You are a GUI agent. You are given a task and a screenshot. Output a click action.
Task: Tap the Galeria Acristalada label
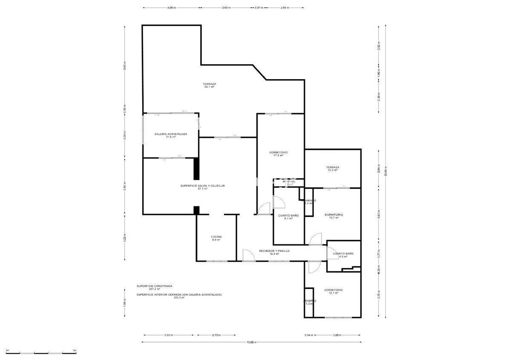[171, 135]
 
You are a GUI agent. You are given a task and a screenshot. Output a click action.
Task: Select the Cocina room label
[216, 238]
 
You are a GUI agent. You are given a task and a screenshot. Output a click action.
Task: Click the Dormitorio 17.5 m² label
[278, 154]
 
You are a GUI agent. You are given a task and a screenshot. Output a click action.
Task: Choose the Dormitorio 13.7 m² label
[333, 216]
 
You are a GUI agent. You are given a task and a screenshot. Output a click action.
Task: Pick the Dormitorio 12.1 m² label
[333, 291]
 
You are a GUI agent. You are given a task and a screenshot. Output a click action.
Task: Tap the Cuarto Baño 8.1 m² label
[288, 217]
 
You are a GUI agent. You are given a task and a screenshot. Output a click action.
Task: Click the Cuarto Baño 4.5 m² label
[340, 255]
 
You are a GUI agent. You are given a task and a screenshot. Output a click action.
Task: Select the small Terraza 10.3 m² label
[333, 169]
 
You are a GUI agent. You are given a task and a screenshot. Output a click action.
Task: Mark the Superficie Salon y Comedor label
[202, 187]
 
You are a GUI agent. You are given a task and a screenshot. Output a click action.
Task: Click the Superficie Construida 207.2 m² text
[155, 288]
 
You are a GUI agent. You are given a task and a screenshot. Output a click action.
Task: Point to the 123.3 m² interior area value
[179, 298]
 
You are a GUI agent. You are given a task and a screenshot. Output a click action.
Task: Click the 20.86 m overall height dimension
[385, 170]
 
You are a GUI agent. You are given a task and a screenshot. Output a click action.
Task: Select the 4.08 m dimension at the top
[171, 8]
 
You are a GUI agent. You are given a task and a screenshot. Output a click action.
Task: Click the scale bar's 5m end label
[75, 350]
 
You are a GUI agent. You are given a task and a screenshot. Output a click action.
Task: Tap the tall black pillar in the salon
[196, 169]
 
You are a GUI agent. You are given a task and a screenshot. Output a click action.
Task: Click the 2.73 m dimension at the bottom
[216, 335]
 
